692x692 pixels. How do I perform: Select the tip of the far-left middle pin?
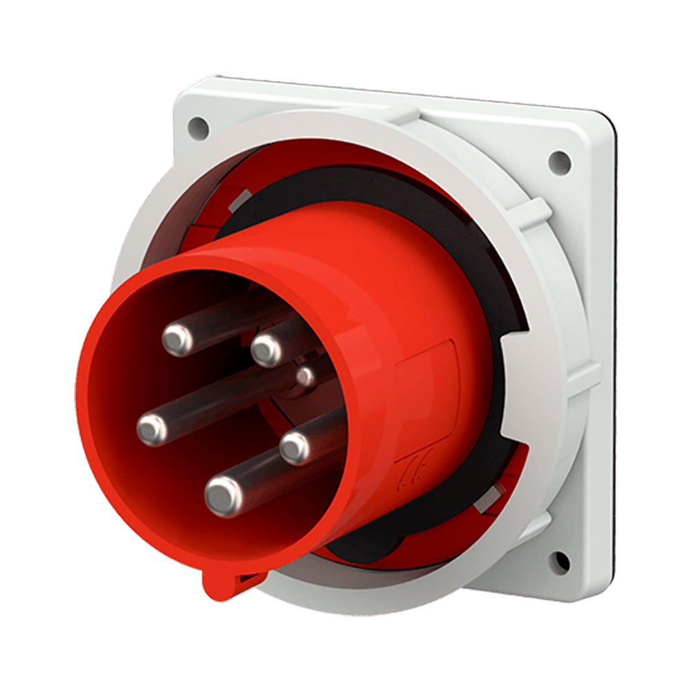[152, 430]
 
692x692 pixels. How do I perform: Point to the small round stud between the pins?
[305, 377]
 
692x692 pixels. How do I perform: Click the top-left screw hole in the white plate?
[198, 127]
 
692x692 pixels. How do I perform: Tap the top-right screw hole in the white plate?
[558, 161]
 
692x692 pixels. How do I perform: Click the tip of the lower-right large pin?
[295, 448]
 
